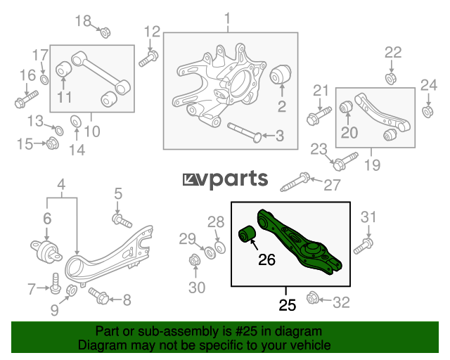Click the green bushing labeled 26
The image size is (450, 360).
tap(247, 234)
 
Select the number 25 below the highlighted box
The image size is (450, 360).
tap(287, 305)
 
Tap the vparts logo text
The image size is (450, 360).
tap(225, 179)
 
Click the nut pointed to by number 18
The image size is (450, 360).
tap(105, 32)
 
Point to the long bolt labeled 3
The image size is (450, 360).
tap(244, 133)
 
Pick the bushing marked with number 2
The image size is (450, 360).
tap(281, 74)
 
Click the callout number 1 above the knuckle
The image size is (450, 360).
tap(227, 18)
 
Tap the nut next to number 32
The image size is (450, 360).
tap(312, 298)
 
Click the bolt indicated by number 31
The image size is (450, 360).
tap(364, 246)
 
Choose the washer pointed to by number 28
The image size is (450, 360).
tap(220, 247)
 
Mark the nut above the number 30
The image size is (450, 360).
tap(195, 260)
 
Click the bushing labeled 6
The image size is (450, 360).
tap(46, 252)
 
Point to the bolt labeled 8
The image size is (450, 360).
tap(98, 296)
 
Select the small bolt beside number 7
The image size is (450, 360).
tap(56, 283)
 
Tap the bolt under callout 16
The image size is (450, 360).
tap(26, 99)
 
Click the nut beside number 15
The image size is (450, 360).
tap(53, 143)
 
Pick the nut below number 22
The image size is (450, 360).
tap(391, 79)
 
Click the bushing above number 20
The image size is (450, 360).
tap(346, 107)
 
